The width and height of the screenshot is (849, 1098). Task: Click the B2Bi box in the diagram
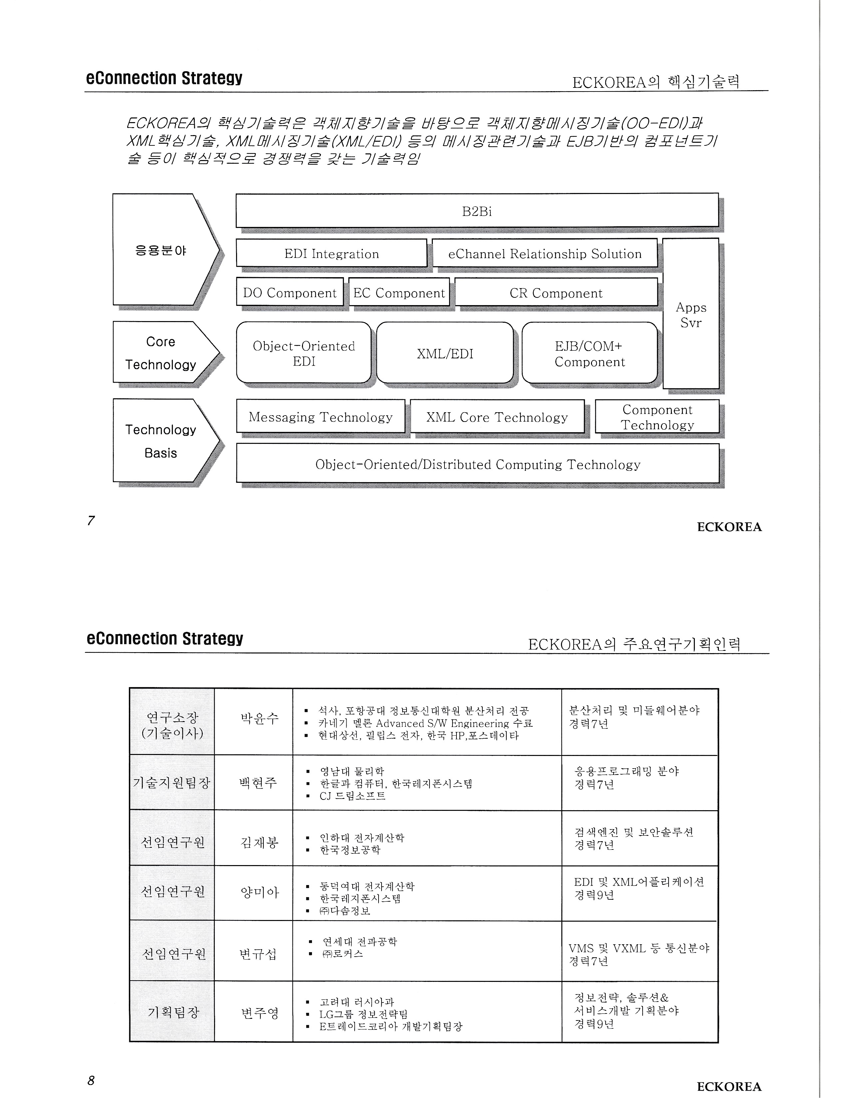point(477,211)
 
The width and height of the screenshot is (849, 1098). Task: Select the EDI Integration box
point(332,254)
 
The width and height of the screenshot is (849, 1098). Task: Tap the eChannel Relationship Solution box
point(545,254)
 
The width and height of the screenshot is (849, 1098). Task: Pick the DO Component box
point(290,292)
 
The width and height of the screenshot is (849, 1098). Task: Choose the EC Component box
point(399,292)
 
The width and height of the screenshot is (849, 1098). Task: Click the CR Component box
point(556,292)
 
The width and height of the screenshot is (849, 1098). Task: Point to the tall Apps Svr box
point(691,314)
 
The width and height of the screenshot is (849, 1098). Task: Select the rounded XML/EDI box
point(444,353)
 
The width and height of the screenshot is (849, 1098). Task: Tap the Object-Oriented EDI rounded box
point(303,353)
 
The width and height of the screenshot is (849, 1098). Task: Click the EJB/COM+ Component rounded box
point(589,353)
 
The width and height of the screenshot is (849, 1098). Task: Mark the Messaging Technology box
point(320,417)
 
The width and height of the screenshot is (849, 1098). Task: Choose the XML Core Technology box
point(497,417)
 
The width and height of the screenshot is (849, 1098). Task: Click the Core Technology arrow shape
point(161,353)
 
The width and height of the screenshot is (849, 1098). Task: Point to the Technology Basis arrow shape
point(161,441)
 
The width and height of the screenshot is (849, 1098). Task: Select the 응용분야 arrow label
point(161,250)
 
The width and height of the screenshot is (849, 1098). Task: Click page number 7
point(91,520)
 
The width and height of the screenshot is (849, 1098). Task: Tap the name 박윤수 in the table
point(259,718)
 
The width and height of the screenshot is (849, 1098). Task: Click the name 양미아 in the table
point(259,892)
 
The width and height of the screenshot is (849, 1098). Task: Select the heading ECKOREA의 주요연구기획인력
point(634,643)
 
